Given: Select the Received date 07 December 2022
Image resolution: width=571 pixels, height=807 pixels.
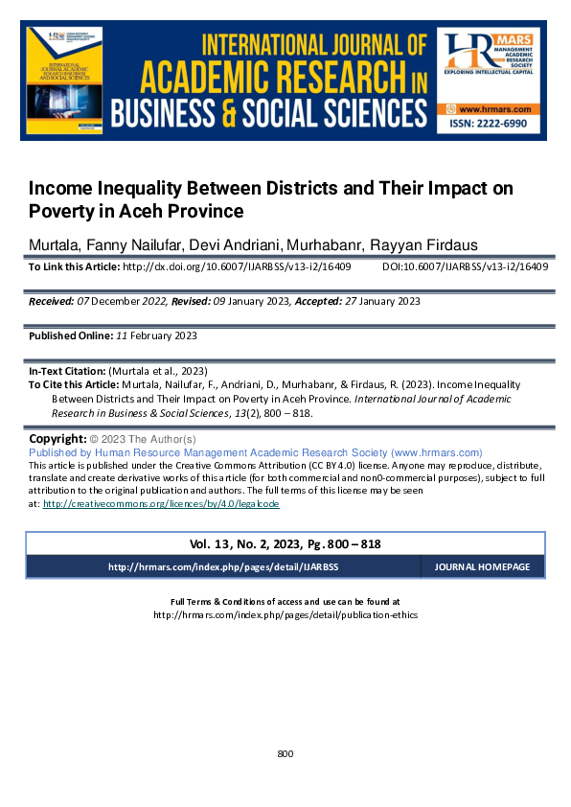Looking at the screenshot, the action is [x=124, y=301].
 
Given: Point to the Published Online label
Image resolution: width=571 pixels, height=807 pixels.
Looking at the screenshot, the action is [x=69, y=336].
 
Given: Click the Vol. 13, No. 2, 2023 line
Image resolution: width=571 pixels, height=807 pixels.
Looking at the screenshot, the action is [x=285, y=543].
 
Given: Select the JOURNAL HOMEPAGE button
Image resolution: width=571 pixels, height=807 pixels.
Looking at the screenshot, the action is [x=482, y=567].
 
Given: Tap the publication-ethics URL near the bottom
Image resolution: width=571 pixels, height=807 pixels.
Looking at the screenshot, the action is [x=285, y=615].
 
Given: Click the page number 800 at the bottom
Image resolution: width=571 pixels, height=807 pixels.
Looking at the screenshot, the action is [x=285, y=754].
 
